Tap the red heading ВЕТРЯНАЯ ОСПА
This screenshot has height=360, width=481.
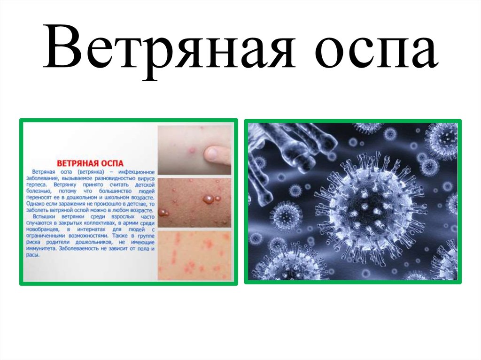(x=90, y=163)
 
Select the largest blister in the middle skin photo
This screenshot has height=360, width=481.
(x=207, y=199)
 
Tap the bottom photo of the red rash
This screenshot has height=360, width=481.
(x=194, y=255)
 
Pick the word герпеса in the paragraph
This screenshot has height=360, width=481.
(x=39, y=185)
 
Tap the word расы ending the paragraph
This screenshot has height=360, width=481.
(x=34, y=255)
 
